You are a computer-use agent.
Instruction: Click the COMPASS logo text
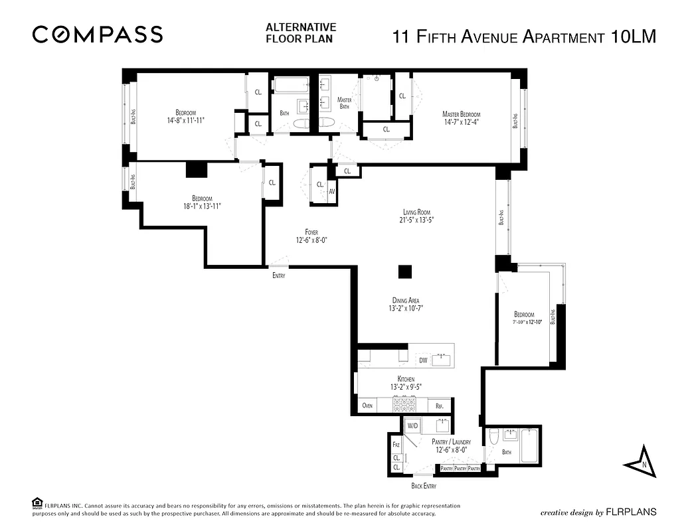tap(98, 34)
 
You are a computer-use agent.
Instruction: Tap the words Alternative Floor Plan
tap(301, 33)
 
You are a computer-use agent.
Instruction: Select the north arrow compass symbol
tap(641, 460)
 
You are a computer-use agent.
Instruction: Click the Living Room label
tap(417, 212)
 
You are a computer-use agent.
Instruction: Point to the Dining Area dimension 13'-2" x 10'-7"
tap(405, 308)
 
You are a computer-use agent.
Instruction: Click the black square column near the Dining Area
tap(404, 271)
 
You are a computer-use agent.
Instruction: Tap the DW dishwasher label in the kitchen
tap(423, 360)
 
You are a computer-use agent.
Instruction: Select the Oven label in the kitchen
tap(367, 406)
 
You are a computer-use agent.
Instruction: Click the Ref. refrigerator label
tap(439, 406)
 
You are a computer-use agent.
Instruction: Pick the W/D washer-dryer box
tap(412, 425)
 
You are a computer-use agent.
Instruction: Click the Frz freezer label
tap(396, 445)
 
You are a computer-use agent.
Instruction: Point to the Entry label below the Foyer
tap(279, 275)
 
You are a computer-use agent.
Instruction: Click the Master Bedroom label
tap(461, 114)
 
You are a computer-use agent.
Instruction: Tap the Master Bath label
tap(344, 103)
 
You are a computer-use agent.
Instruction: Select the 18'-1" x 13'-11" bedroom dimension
tap(202, 206)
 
